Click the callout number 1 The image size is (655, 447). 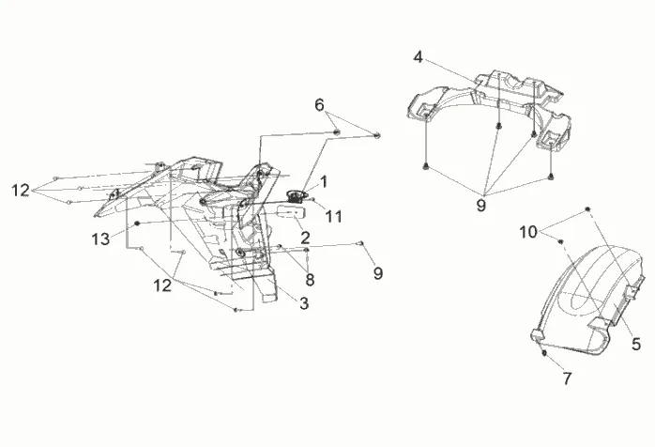pos(323,179)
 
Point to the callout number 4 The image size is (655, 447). pos(418,57)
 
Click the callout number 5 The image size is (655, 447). pos(636,344)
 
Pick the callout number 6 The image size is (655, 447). pos(320,105)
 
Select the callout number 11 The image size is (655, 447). pos(335,217)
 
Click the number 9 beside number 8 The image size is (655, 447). pos(377,273)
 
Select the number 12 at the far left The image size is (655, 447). pos(21,191)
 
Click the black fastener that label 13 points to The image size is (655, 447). pos(139,223)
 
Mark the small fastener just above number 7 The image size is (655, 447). pos(544,355)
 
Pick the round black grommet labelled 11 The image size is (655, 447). pos(297,196)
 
